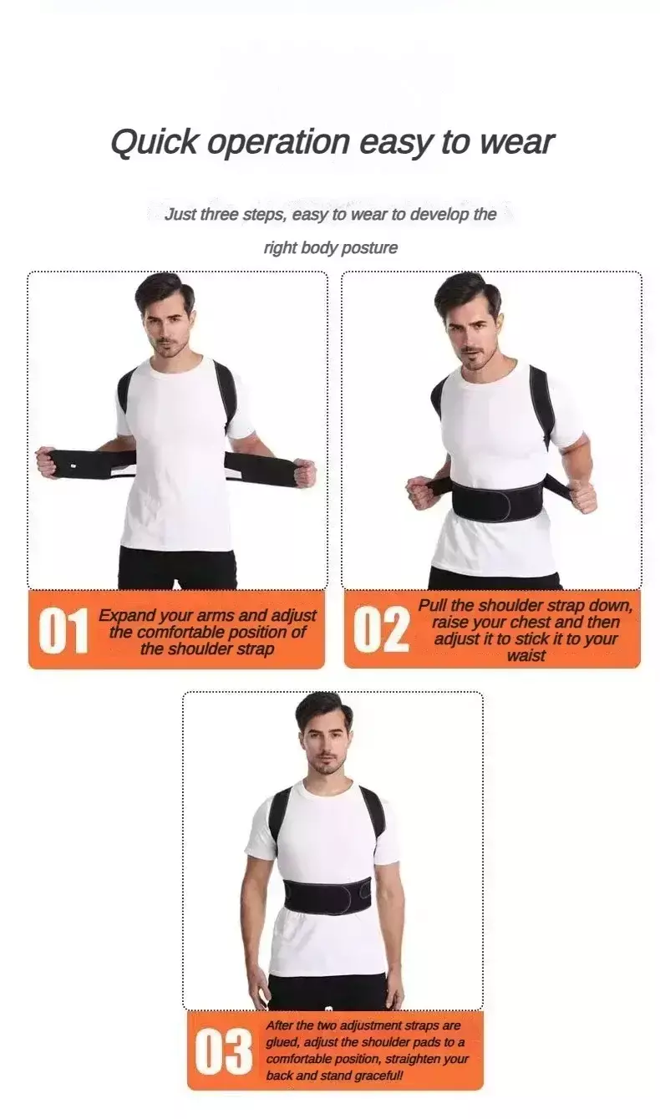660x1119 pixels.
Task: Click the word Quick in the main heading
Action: (154, 143)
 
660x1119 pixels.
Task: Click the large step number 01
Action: (63, 630)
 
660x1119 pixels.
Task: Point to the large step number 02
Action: (381, 630)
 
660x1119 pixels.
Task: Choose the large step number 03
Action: (223, 1051)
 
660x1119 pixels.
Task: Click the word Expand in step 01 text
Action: (125, 616)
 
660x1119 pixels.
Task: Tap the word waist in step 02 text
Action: (525, 655)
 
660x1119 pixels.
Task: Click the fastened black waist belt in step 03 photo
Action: (327, 897)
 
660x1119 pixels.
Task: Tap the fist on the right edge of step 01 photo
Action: (305, 473)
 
